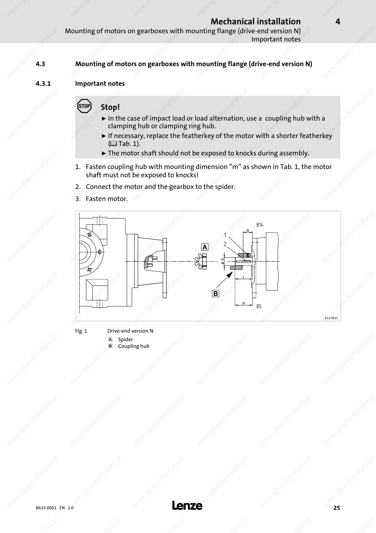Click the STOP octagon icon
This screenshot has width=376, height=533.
[x=84, y=106]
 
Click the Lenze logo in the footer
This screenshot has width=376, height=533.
[x=187, y=505]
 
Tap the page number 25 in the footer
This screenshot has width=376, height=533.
[x=337, y=508]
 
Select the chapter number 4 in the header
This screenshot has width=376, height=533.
[x=337, y=22]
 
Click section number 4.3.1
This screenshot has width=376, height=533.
[x=43, y=84]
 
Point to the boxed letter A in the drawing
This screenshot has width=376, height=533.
[x=205, y=247]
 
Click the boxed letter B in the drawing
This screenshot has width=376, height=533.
[x=215, y=293]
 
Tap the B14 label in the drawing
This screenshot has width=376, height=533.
[x=260, y=225]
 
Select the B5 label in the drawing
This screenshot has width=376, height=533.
[x=259, y=306]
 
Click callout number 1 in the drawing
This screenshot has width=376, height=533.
[x=225, y=235]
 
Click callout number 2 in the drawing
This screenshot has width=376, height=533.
[x=225, y=244]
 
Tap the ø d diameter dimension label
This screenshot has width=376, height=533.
[x=222, y=261]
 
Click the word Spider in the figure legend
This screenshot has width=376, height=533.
[x=125, y=339]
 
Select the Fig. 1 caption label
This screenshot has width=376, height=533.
[x=81, y=331]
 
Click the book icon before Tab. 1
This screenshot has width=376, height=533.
[x=113, y=144]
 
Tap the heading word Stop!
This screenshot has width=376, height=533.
[x=110, y=107]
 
